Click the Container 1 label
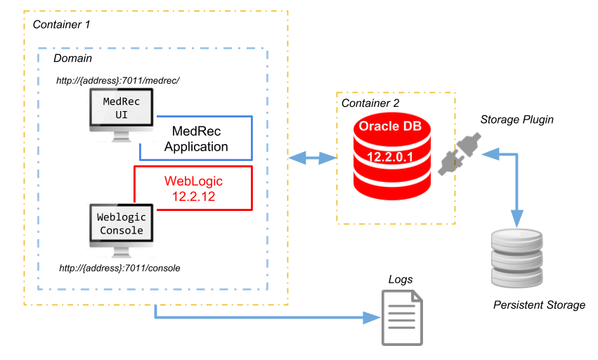pyautogui.click(x=62, y=25)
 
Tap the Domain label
pyautogui.click(x=72, y=58)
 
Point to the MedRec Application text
pyautogui.click(x=196, y=139)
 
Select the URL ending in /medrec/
pyautogui.click(x=119, y=81)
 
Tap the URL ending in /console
pyautogui.click(x=121, y=268)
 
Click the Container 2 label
pyautogui.click(x=370, y=103)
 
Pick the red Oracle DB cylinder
pyautogui.click(x=393, y=158)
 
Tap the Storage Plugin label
pyautogui.click(x=516, y=120)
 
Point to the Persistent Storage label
pyautogui.click(x=539, y=305)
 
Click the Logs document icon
pyautogui.click(x=402, y=318)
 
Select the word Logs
pyautogui.click(x=401, y=279)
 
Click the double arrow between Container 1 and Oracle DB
pyautogui.click(x=313, y=158)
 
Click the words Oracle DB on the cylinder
pyautogui.click(x=392, y=127)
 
